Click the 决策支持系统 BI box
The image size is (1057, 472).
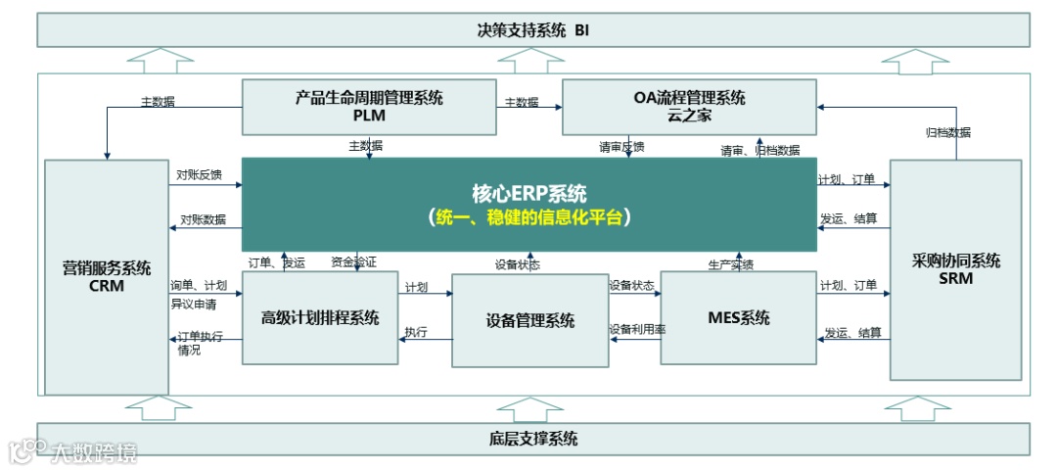click(x=533, y=29)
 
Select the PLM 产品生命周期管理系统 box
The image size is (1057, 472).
click(x=369, y=107)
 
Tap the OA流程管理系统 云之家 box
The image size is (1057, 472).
click(x=689, y=107)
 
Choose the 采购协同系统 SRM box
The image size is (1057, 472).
click(x=954, y=269)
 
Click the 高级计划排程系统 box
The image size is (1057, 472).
click(x=320, y=317)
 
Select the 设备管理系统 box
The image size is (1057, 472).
click(x=529, y=320)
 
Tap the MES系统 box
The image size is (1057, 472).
click(x=739, y=317)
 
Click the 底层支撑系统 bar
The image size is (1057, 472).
click(x=533, y=438)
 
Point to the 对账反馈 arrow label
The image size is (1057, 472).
click(x=199, y=175)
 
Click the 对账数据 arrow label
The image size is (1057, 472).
click(x=203, y=219)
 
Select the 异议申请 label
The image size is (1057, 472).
click(x=193, y=303)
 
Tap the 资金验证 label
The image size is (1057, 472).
click(x=353, y=262)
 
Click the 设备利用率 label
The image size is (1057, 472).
click(x=637, y=330)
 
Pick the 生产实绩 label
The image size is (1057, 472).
click(x=730, y=264)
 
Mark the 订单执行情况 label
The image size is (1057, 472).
click(x=200, y=343)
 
